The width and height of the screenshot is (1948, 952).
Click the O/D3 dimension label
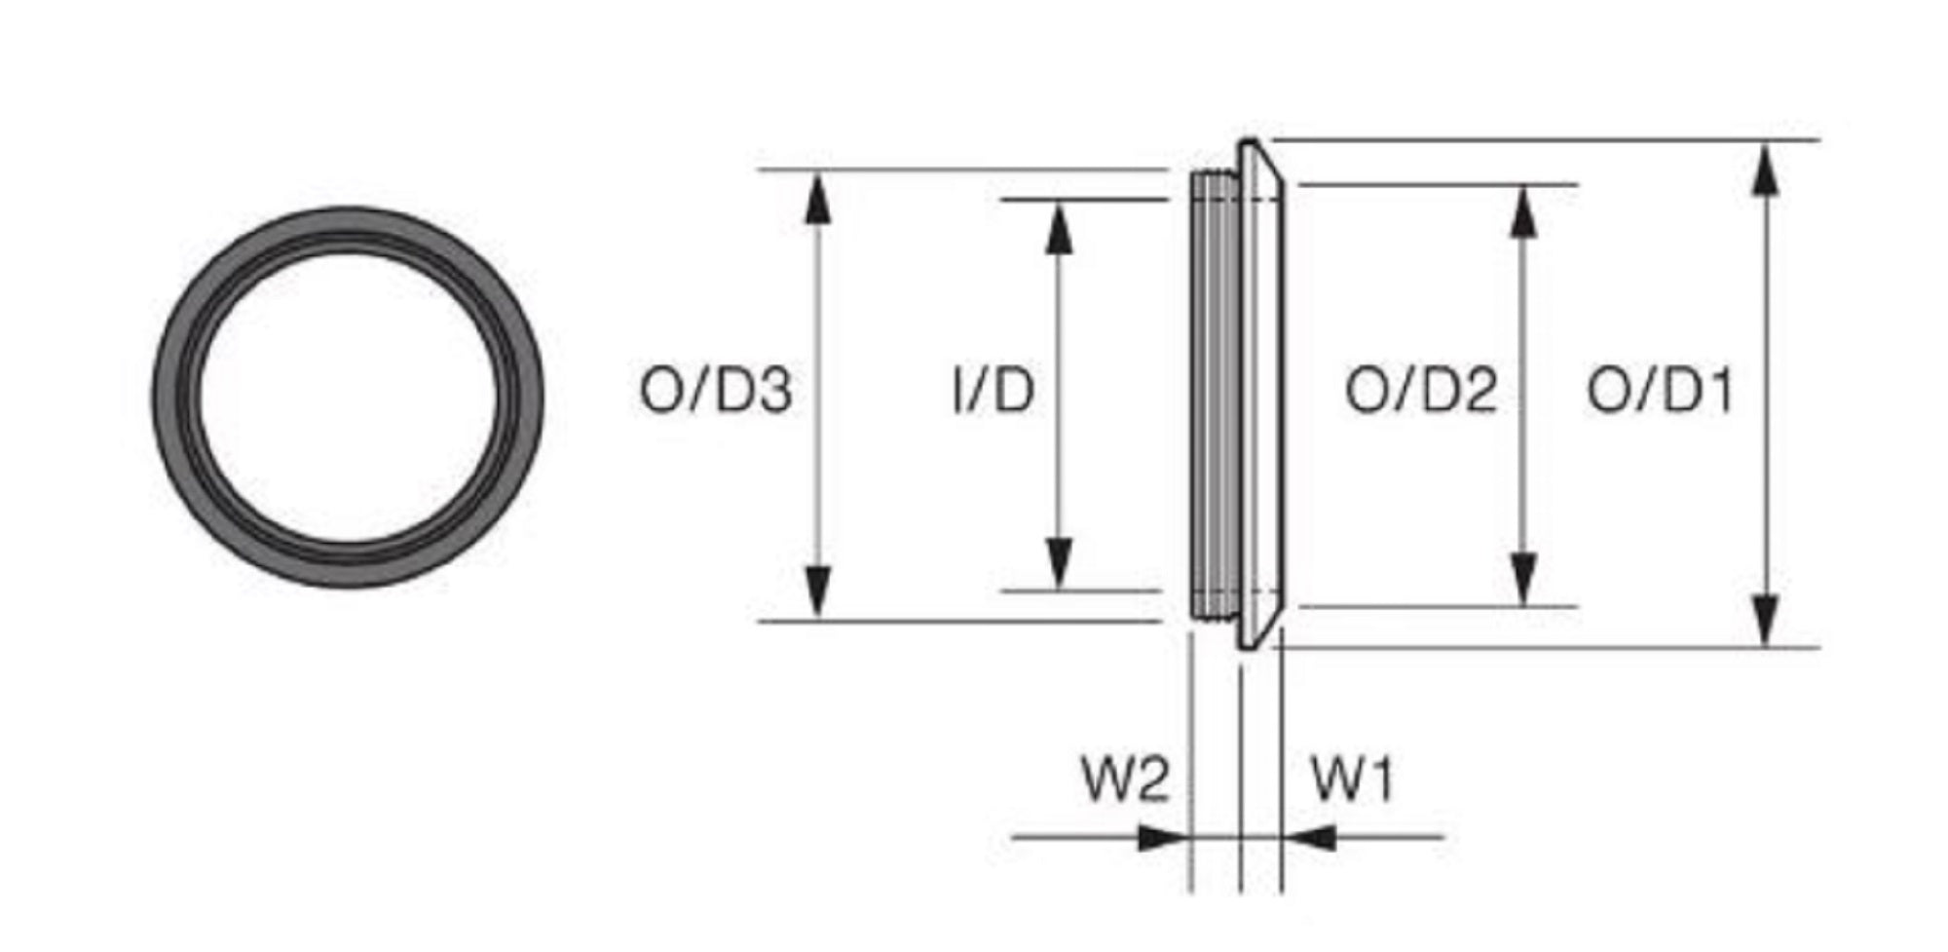[715, 391]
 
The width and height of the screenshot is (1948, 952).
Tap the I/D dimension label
[993, 391]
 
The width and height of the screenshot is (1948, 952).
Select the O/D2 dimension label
[1420, 391]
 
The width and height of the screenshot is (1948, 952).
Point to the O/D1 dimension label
[1661, 391]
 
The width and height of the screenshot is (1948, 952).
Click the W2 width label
[1125, 780]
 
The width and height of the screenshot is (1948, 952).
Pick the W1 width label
[1353, 780]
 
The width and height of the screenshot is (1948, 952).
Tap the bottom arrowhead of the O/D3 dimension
[819, 591]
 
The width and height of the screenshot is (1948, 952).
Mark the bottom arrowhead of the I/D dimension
[1059, 563]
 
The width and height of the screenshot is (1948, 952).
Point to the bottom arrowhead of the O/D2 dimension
[1523, 579]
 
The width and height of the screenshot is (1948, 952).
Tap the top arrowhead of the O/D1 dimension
[1765, 171]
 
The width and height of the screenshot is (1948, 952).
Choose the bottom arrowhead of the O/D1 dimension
[1765, 618]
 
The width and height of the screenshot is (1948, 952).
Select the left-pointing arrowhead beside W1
[1310, 837]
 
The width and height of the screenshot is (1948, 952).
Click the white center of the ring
[349, 398]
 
